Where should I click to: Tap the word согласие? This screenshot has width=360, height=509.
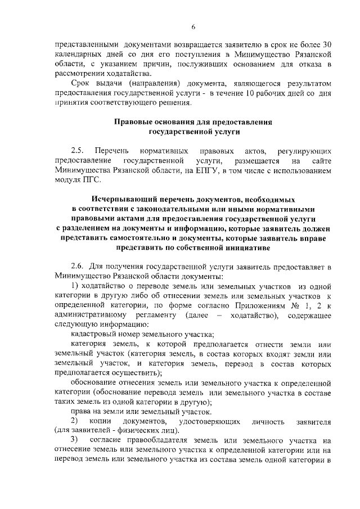point(109,440)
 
